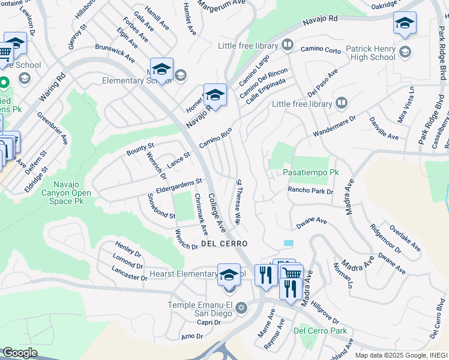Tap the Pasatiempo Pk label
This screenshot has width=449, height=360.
pyautogui.click(x=306, y=172)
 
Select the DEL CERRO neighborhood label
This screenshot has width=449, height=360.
pyautogui.click(x=225, y=244)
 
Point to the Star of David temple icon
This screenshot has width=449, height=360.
pyautogui.click(x=241, y=308)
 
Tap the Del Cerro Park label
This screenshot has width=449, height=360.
pyautogui.click(x=321, y=331)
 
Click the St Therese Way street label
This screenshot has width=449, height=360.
pyautogui.click(x=238, y=202)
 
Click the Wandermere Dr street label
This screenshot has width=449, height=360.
pyautogui.click(x=334, y=127)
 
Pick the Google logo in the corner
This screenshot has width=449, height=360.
pyautogui.click(x=20, y=353)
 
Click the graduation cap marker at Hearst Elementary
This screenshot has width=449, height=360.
pyautogui.click(x=229, y=275)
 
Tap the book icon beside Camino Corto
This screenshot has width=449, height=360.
pyautogui.click(x=288, y=45)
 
